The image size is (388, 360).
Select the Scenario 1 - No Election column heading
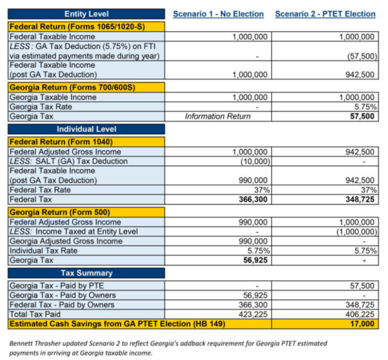point(218,14)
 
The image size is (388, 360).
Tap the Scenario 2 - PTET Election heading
point(325,14)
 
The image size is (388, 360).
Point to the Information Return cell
point(218,116)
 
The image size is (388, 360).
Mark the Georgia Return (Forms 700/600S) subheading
point(69,87)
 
